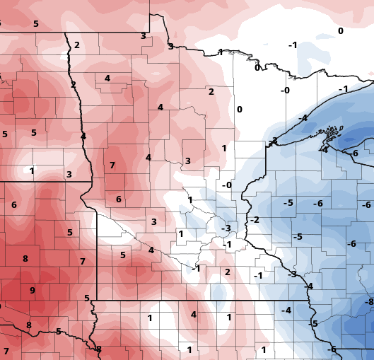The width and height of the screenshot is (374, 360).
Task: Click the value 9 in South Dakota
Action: [x=32, y=290]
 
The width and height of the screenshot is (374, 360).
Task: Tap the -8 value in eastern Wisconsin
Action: [x=368, y=302]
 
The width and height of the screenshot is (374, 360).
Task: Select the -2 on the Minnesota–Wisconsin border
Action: [x=255, y=220]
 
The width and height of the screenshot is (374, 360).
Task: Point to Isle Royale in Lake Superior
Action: [x=328, y=132]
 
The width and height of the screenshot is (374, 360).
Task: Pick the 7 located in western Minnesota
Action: [x=112, y=166]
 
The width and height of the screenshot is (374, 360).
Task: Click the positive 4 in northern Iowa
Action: [x=193, y=315]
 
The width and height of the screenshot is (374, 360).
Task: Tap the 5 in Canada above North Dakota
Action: [x=35, y=24]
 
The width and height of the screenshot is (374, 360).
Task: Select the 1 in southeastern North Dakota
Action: [x=32, y=170]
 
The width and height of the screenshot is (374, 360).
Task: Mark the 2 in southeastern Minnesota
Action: [x=227, y=272]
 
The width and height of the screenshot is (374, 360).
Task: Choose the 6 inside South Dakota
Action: [x=13, y=205]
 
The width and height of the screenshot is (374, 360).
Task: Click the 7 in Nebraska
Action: [x=6, y=352]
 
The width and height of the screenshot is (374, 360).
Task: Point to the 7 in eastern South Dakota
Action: [x=82, y=262]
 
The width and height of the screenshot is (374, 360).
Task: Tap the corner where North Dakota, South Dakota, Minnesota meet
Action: [x=91, y=182]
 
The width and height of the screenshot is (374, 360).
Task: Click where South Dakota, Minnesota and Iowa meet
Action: [x=96, y=300]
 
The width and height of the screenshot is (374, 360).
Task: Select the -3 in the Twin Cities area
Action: [x=226, y=228]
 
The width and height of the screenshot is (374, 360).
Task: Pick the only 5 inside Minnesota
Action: [x=122, y=255]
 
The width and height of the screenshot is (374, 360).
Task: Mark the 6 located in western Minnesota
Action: [x=118, y=199]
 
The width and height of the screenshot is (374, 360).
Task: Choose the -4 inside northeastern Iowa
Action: [x=286, y=310]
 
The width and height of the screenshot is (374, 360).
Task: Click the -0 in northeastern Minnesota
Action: [x=285, y=91]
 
